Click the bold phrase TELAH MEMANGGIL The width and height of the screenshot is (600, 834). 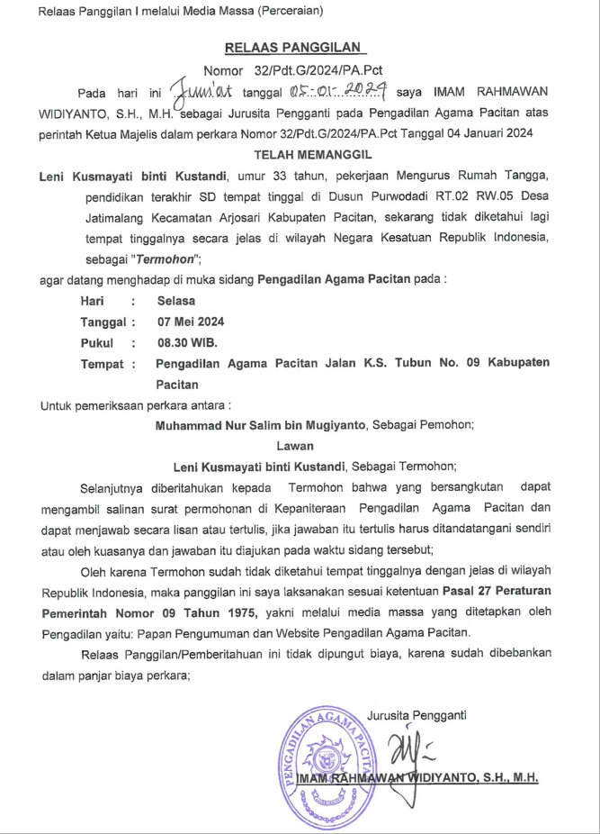(x=300, y=154)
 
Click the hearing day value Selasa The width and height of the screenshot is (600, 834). (x=176, y=301)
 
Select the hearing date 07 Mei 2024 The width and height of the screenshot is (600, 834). (x=191, y=322)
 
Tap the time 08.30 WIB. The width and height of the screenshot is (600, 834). (x=187, y=342)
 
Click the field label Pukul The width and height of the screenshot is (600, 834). (x=98, y=342)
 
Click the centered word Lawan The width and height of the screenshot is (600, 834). (x=300, y=445)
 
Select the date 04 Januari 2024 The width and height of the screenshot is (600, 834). (x=488, y=133)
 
